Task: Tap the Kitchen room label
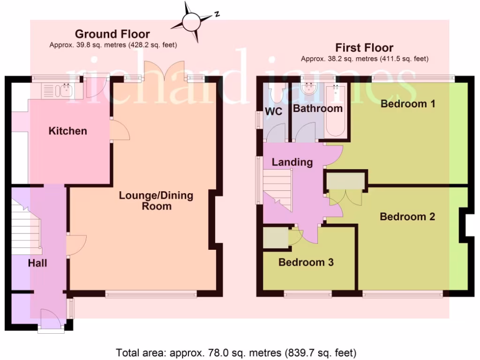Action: [x=68, y=131]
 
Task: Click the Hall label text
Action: [x=37, y=263]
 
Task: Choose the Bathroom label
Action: [x=318, y=108]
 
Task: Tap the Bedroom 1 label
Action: [x=408, y=104]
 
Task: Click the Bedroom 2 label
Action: [x=407, y=217]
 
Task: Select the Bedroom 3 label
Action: [x=306, y=262]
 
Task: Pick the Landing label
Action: [x=292, y=162]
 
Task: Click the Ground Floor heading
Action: [x=112, y=34]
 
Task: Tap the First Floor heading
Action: [x=364, y=48]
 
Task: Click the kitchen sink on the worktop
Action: [x=61, y=90]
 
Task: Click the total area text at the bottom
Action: [x=236, y=352]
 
